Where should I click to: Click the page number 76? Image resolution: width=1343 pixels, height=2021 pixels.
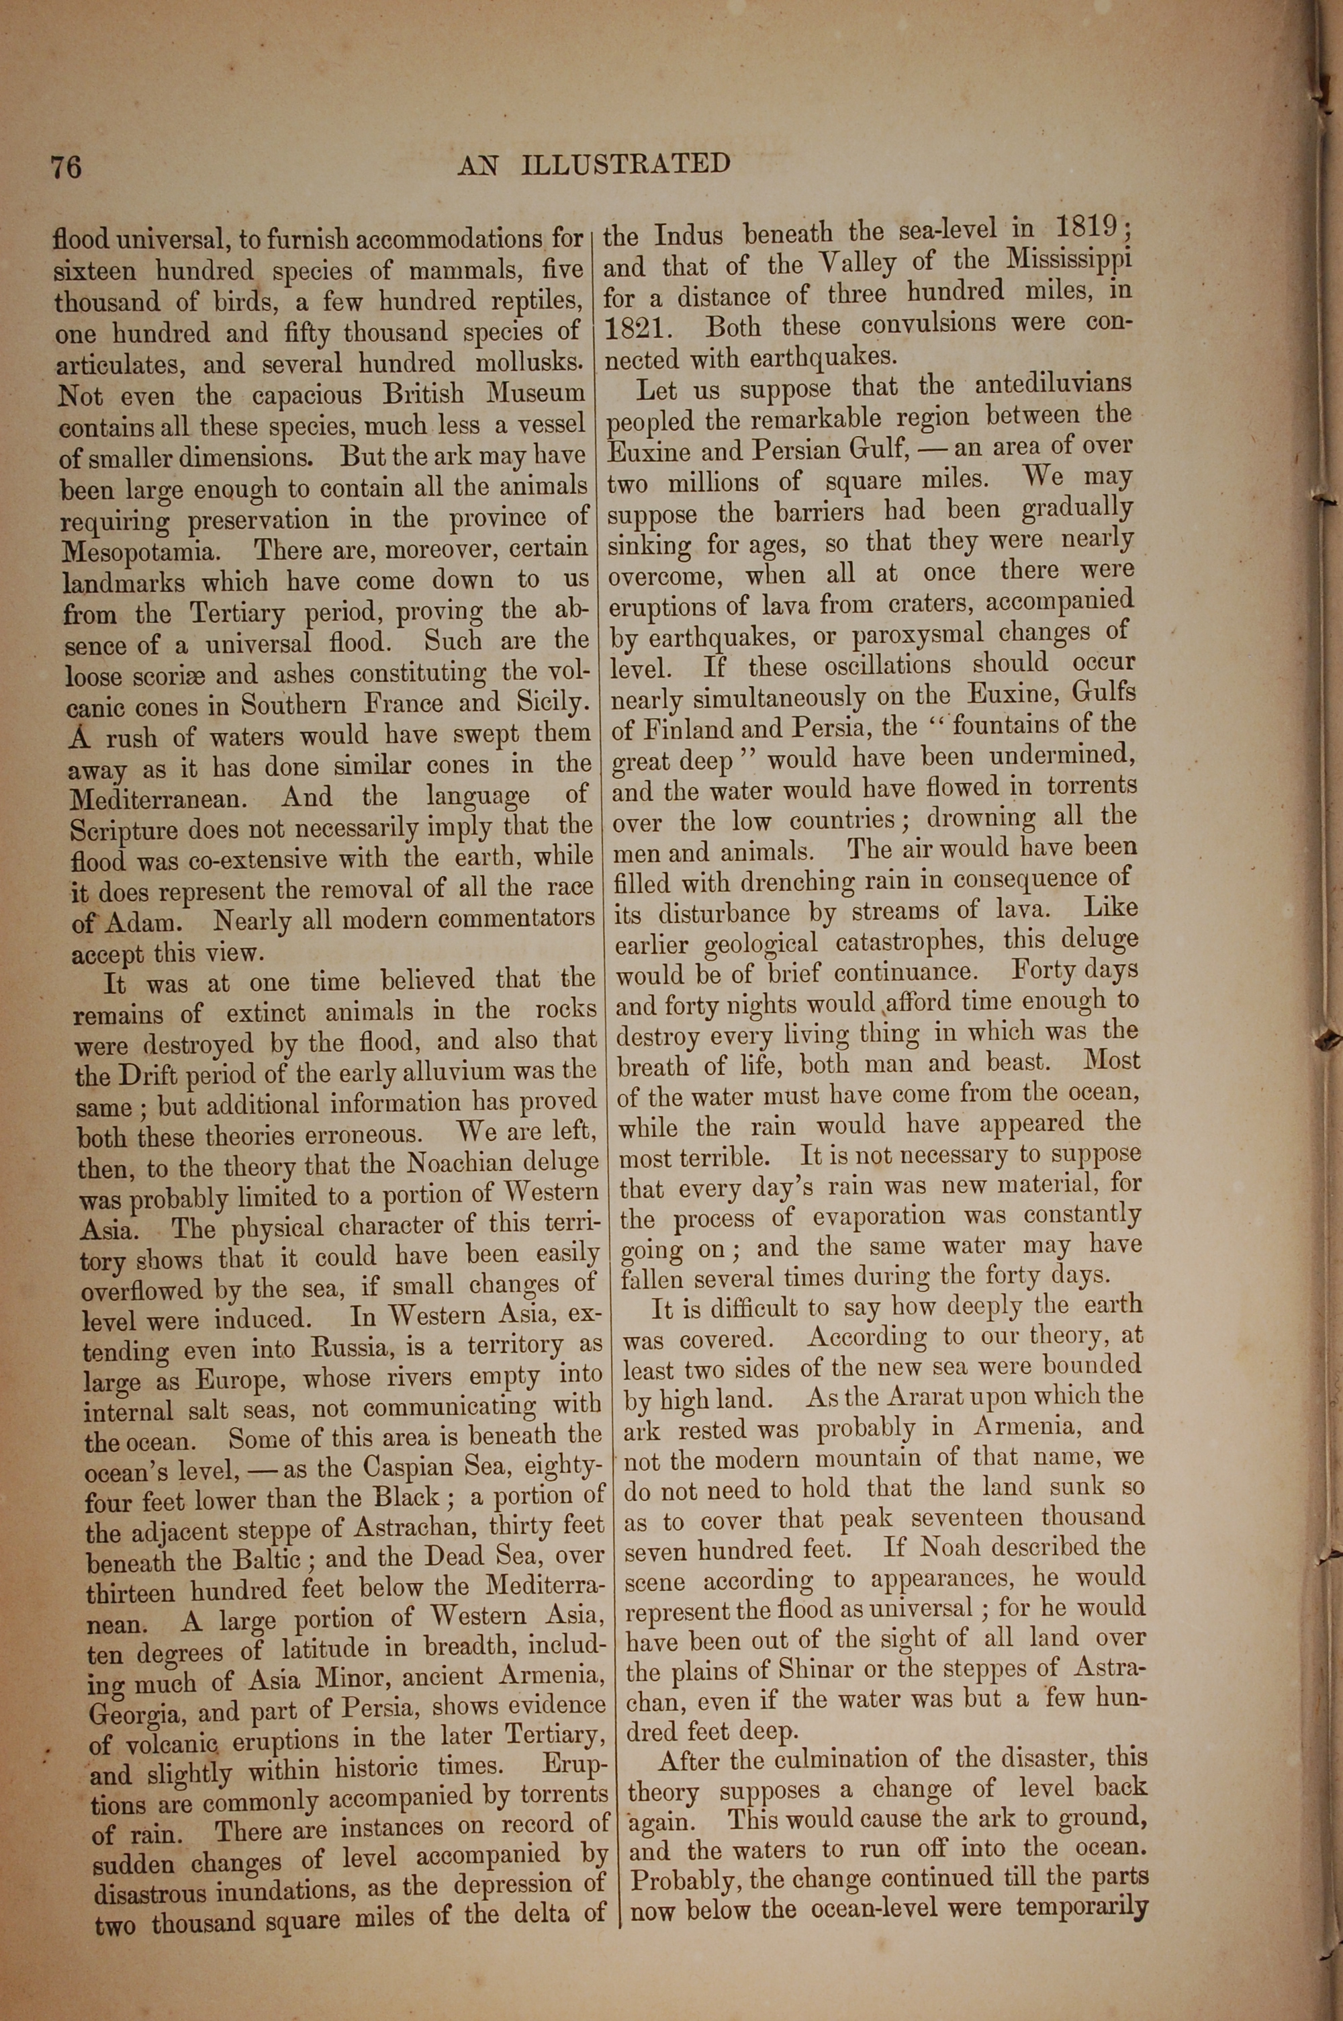coord(66,166)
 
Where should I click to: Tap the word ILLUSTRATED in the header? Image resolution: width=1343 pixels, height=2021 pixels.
coord(625,164)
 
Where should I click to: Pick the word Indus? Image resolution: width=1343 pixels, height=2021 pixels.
coord(689,234)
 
